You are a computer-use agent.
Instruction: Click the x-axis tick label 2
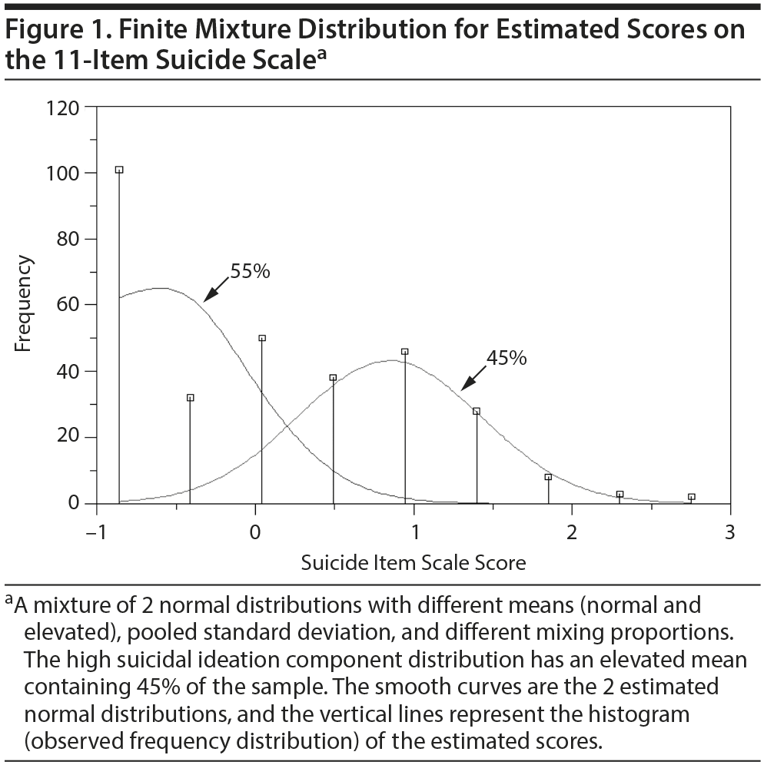point(572,532)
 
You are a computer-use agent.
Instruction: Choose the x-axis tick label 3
point(730,532)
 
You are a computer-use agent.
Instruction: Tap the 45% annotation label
point(507,357)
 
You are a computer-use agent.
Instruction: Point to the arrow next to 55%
point(217,290)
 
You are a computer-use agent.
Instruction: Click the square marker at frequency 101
point(119,170)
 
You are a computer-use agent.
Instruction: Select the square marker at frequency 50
point(262,338)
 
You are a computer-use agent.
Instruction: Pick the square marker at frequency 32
point(191,398)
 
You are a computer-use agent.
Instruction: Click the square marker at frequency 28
point(477,411)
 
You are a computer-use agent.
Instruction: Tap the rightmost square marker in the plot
point(691,497)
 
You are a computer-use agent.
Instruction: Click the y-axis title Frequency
point(24,304)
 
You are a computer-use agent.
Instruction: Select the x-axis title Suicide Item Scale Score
point(414,563)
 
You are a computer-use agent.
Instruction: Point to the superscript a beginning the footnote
point(8,599)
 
